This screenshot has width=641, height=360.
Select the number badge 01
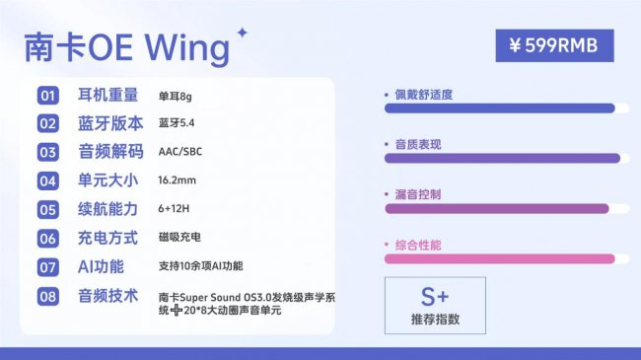(48, 96)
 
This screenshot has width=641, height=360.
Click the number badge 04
(48, 181)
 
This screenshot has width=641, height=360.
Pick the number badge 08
(48, 296)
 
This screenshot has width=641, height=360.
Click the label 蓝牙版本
(110, 124)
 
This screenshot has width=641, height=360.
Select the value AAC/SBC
(180, 153)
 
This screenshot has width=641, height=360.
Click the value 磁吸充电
(179, 239)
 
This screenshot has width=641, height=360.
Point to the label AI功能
(101, 266)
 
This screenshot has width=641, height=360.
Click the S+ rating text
(435, 296)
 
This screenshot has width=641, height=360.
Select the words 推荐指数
(435, 320)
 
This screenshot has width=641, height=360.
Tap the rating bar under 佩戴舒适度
(499, 108)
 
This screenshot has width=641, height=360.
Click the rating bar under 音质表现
(502, 158)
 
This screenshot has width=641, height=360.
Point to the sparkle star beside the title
(242, 33)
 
